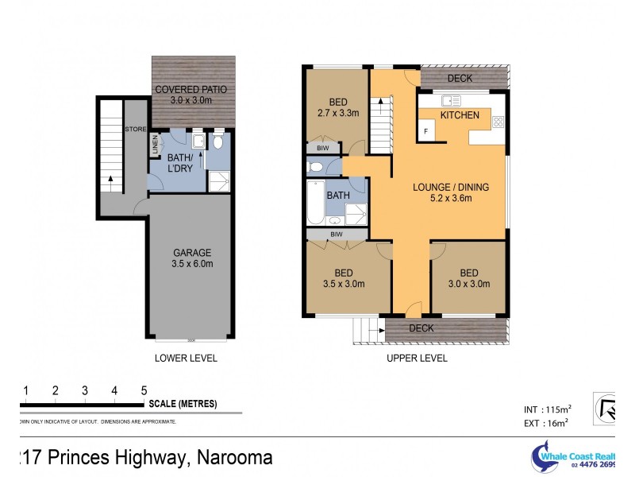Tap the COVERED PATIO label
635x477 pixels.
pos(190,95)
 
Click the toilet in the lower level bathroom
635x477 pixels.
pos(217,142)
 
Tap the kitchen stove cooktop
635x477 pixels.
pos(498,122)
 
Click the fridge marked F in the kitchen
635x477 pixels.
pos(426,131)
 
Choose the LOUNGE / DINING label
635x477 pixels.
pos(450,193)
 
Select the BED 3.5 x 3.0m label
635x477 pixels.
pos(344,278)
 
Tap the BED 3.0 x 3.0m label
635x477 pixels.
pos(468,278)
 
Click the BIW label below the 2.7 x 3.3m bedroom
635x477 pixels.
pos(323,148)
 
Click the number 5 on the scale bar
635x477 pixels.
pos(144,390)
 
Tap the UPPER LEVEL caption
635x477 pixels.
pos(417,358)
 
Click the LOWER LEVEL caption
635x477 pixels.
pos(186,358)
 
